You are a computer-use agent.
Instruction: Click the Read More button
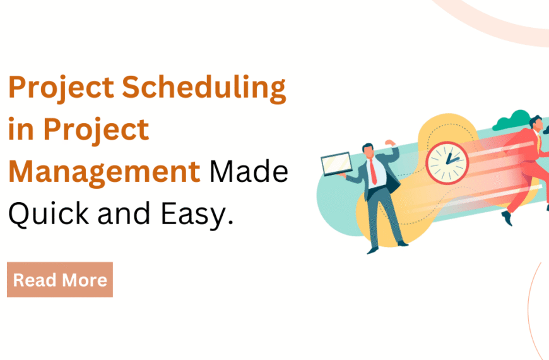tap(60, 280)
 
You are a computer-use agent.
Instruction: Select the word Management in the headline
tap(103, 172)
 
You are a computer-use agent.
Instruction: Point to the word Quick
tap(47, 215)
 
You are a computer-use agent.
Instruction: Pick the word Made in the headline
tap(249, 172)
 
